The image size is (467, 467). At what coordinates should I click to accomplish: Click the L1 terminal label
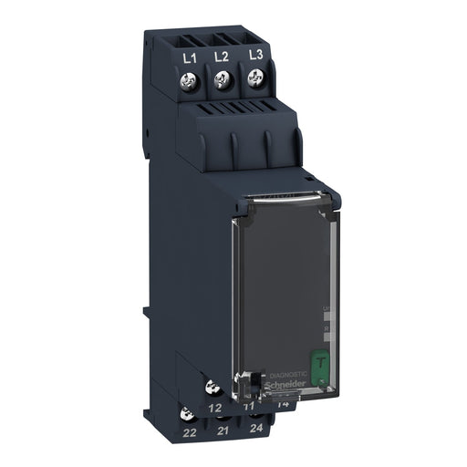pyautogui.click(x=190, y=57)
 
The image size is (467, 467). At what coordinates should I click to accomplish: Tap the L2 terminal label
pyautogui.click(x=221, y=57)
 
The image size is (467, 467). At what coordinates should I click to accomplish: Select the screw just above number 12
pyautogui.click(x=213, y=387)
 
